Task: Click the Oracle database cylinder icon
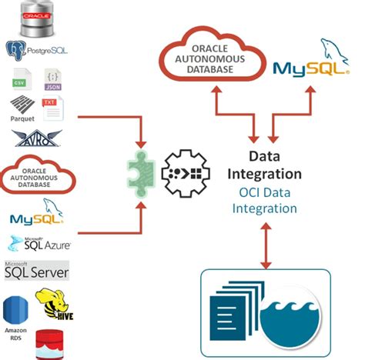tap(36, 18)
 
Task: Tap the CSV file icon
tap(22, 81)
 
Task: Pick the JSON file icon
tap(52, 81)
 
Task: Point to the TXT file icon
tap(52, 109)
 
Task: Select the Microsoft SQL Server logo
tap(36, 270)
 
